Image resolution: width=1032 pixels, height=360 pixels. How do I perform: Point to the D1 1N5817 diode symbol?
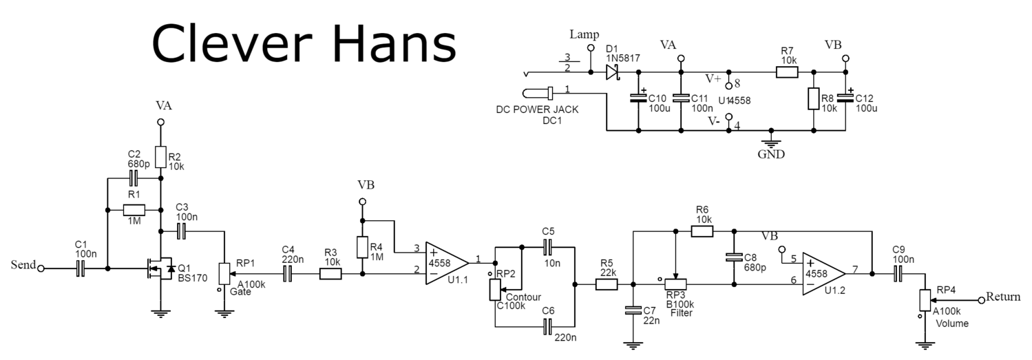[612, 72]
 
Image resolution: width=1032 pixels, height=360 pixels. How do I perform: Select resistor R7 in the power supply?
[787, 72]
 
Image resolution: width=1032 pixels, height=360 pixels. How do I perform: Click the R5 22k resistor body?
[607, 283]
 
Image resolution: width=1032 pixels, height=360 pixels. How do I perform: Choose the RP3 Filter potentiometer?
[677, 283]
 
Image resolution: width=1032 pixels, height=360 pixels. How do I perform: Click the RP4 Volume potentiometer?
[925, 300]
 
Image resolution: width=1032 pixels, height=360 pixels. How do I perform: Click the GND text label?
[771, 154]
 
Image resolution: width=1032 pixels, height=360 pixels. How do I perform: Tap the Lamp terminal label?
[585, 34]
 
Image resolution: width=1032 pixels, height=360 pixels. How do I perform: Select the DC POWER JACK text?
[537, 109]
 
